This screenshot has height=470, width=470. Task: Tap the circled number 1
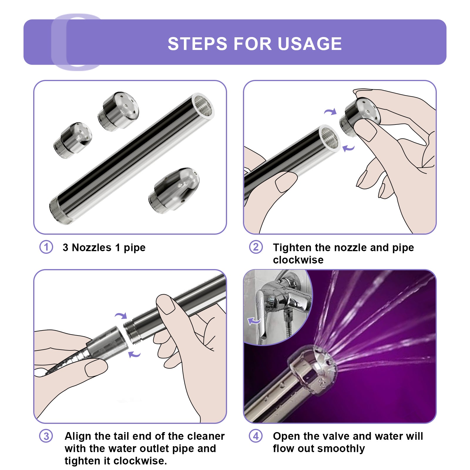[46, 247]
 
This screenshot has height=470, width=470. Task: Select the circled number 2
[256, 247]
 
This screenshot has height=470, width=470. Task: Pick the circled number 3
[46, 436]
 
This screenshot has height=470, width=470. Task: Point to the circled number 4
[256, 436]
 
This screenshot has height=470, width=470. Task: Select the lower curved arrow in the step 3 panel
[135, 354]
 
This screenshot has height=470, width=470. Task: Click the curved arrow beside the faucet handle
[254, 321]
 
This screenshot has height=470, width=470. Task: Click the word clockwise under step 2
[298, 260]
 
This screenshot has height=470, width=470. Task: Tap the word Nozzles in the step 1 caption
[92, 248]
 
